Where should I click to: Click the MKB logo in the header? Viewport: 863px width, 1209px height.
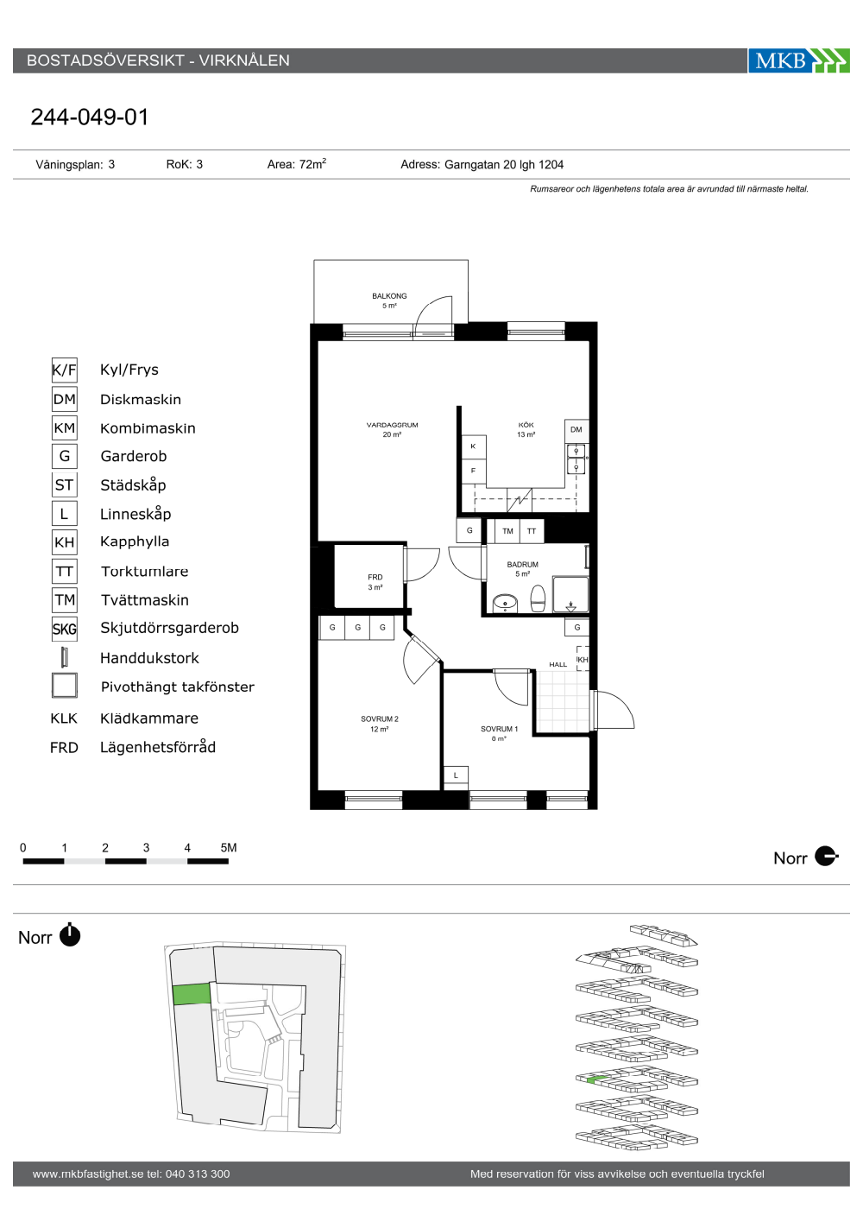[x=798, y=60]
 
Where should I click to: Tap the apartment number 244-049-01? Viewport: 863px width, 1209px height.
[x=90, y=117]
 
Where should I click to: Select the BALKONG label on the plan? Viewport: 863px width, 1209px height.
[x=389, y=295]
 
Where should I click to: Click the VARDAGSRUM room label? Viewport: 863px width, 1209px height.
[x=392, y=425]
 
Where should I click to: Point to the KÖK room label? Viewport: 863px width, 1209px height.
[x=526, y=425]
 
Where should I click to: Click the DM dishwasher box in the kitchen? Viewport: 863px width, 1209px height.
[x=576, y=430]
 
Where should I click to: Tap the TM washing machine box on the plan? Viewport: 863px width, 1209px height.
[x=507, y=531]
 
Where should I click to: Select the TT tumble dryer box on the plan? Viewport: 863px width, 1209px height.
[x=532, y=531]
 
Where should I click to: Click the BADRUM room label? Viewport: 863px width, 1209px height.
[x=523, y=565]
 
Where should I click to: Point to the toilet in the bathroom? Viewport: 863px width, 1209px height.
[x=539, y=598]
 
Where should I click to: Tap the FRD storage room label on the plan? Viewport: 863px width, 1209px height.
[x=375, y=577]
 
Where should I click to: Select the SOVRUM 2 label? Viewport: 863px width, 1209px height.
[x=379, y=718]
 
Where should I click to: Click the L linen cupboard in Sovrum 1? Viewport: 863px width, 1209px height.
[x=456, y=775]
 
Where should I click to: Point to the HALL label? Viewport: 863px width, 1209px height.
[x=558, y=664]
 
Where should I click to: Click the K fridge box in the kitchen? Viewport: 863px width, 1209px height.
[x=474, y=446]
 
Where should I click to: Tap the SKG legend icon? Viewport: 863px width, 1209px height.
[x=64, y=629]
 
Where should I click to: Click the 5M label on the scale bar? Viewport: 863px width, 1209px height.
[x=229, y=847]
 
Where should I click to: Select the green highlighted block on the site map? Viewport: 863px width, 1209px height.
[x=192, y=994]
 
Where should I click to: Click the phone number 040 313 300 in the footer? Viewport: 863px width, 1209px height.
[x=198, y=1174]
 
